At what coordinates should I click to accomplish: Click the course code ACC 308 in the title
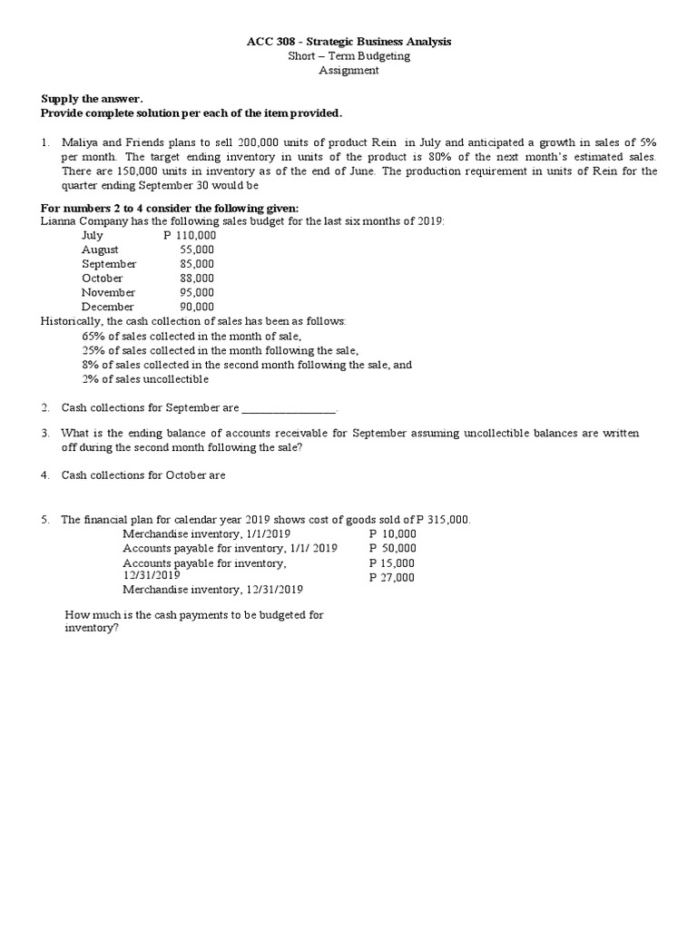coord(270,42)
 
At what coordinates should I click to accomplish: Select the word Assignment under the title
coord(348,71)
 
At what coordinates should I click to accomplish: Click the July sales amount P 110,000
coord(190,235)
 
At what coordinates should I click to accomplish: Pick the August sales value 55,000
coord(197,249)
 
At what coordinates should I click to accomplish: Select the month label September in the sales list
coord(108,264)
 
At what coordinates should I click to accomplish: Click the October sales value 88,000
coord(197,279)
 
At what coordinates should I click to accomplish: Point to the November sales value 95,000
coord(197,293)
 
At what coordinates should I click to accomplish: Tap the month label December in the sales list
coord(107,308)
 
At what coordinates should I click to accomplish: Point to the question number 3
coord(44,434)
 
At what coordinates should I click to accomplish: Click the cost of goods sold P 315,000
coord(442,520)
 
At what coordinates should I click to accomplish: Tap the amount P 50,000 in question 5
coord(392,548)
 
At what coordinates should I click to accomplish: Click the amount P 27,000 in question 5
coord(392,577)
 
